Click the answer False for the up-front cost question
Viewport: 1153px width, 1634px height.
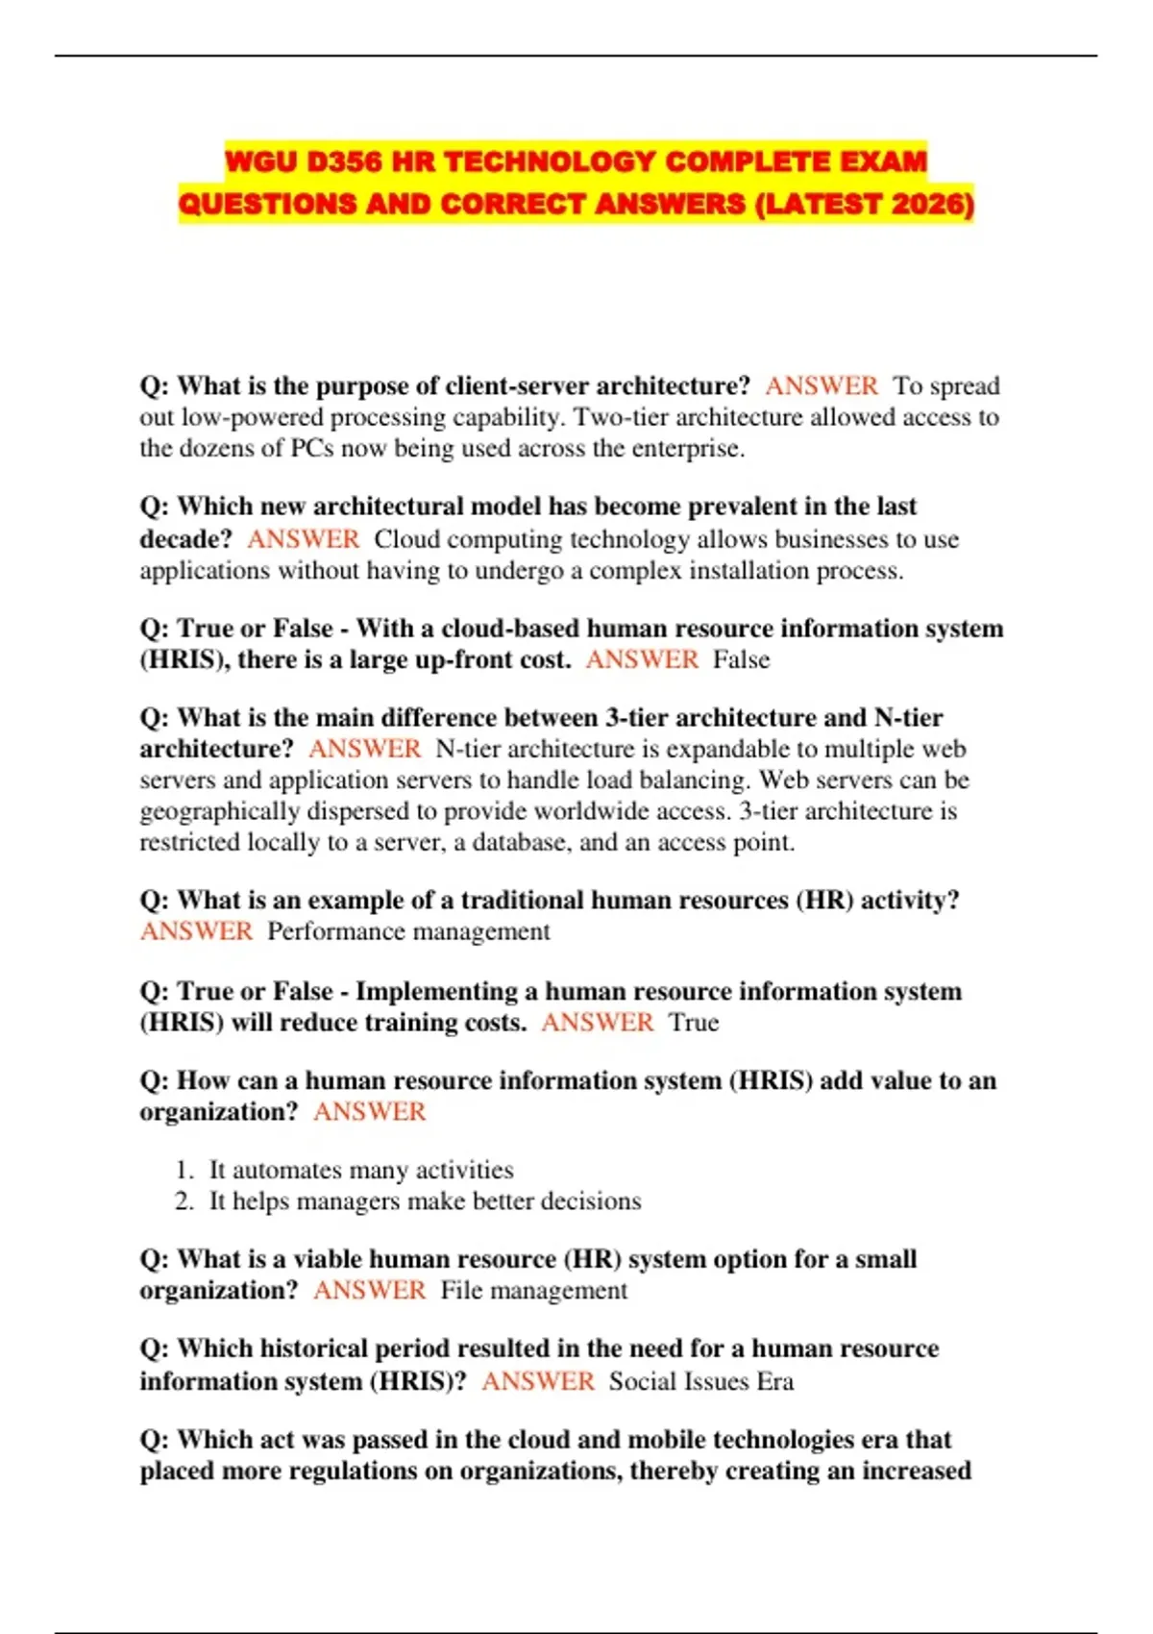click(x=741, y=660)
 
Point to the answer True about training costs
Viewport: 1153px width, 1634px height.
click(x=694, y=1023)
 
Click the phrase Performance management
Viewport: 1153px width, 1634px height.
click(x=408, y=932)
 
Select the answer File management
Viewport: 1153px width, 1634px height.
click(x=533, y=1291)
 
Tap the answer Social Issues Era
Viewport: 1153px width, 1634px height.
click(x=701, y=1382)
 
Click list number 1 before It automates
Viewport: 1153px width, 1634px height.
click(x=184, y=1171)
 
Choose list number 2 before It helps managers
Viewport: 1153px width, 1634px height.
click(x=184, y=1201)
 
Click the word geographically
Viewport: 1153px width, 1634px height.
click(x=220, y=812)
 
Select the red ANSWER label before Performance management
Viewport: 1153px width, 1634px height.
click(x=197, y=932)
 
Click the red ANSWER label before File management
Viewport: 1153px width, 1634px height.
click(x=370, y=1291)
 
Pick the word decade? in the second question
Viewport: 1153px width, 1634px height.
click(x=185, y=540)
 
